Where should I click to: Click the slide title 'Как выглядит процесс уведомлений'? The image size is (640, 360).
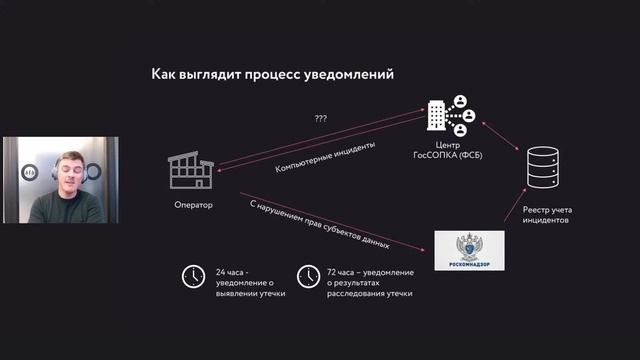tap(272, 74)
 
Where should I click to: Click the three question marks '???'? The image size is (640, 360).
tap(321, 119)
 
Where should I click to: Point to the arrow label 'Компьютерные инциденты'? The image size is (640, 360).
tap(325, 158)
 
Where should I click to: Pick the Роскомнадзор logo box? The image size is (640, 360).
tap(470, 249)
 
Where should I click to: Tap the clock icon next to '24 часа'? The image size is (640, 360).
tap(192, 277)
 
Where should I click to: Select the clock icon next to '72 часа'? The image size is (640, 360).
tap(308, 277)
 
